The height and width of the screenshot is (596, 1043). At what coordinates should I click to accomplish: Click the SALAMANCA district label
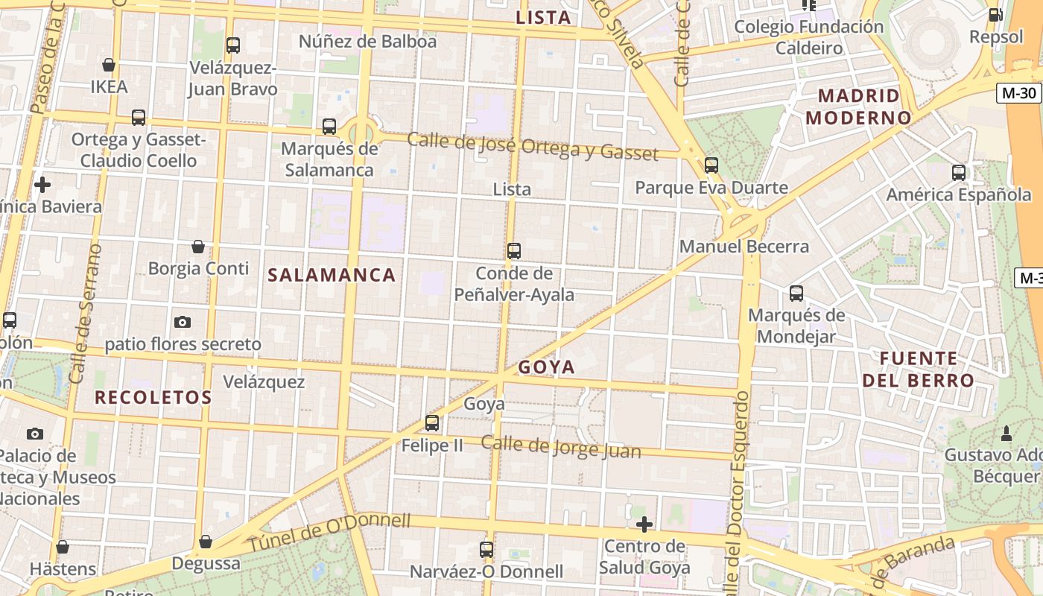332,275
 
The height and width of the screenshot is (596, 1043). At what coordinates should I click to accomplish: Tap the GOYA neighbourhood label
547,367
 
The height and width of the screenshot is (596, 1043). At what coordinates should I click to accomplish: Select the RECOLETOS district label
153,397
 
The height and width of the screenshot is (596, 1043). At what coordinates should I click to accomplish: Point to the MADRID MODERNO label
858,107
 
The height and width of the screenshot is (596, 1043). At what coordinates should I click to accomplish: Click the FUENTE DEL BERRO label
918,369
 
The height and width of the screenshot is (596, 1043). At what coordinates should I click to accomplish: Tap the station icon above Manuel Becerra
711,165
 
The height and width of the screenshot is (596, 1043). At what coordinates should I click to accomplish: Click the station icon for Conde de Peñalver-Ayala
514,251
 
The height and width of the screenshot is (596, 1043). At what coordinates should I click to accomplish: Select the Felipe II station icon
432,423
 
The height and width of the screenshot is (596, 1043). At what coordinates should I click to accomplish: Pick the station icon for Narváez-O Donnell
486,550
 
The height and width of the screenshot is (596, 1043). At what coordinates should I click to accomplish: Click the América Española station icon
959,173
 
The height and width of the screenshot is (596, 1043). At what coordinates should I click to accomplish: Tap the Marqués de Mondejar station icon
796,294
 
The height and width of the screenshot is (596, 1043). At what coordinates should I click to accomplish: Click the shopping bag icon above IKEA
109,65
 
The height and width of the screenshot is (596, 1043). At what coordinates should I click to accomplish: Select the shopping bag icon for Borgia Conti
198,246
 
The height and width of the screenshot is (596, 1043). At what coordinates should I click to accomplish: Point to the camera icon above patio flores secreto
183,322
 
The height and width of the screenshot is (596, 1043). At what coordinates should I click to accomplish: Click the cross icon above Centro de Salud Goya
644,524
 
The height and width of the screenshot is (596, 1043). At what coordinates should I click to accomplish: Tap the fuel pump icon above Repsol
996,14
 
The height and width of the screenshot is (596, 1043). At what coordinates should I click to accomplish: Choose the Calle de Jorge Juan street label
560,446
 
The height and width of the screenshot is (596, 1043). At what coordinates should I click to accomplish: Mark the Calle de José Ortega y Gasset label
533,146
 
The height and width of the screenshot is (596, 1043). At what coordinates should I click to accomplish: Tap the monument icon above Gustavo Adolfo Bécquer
1006,433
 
